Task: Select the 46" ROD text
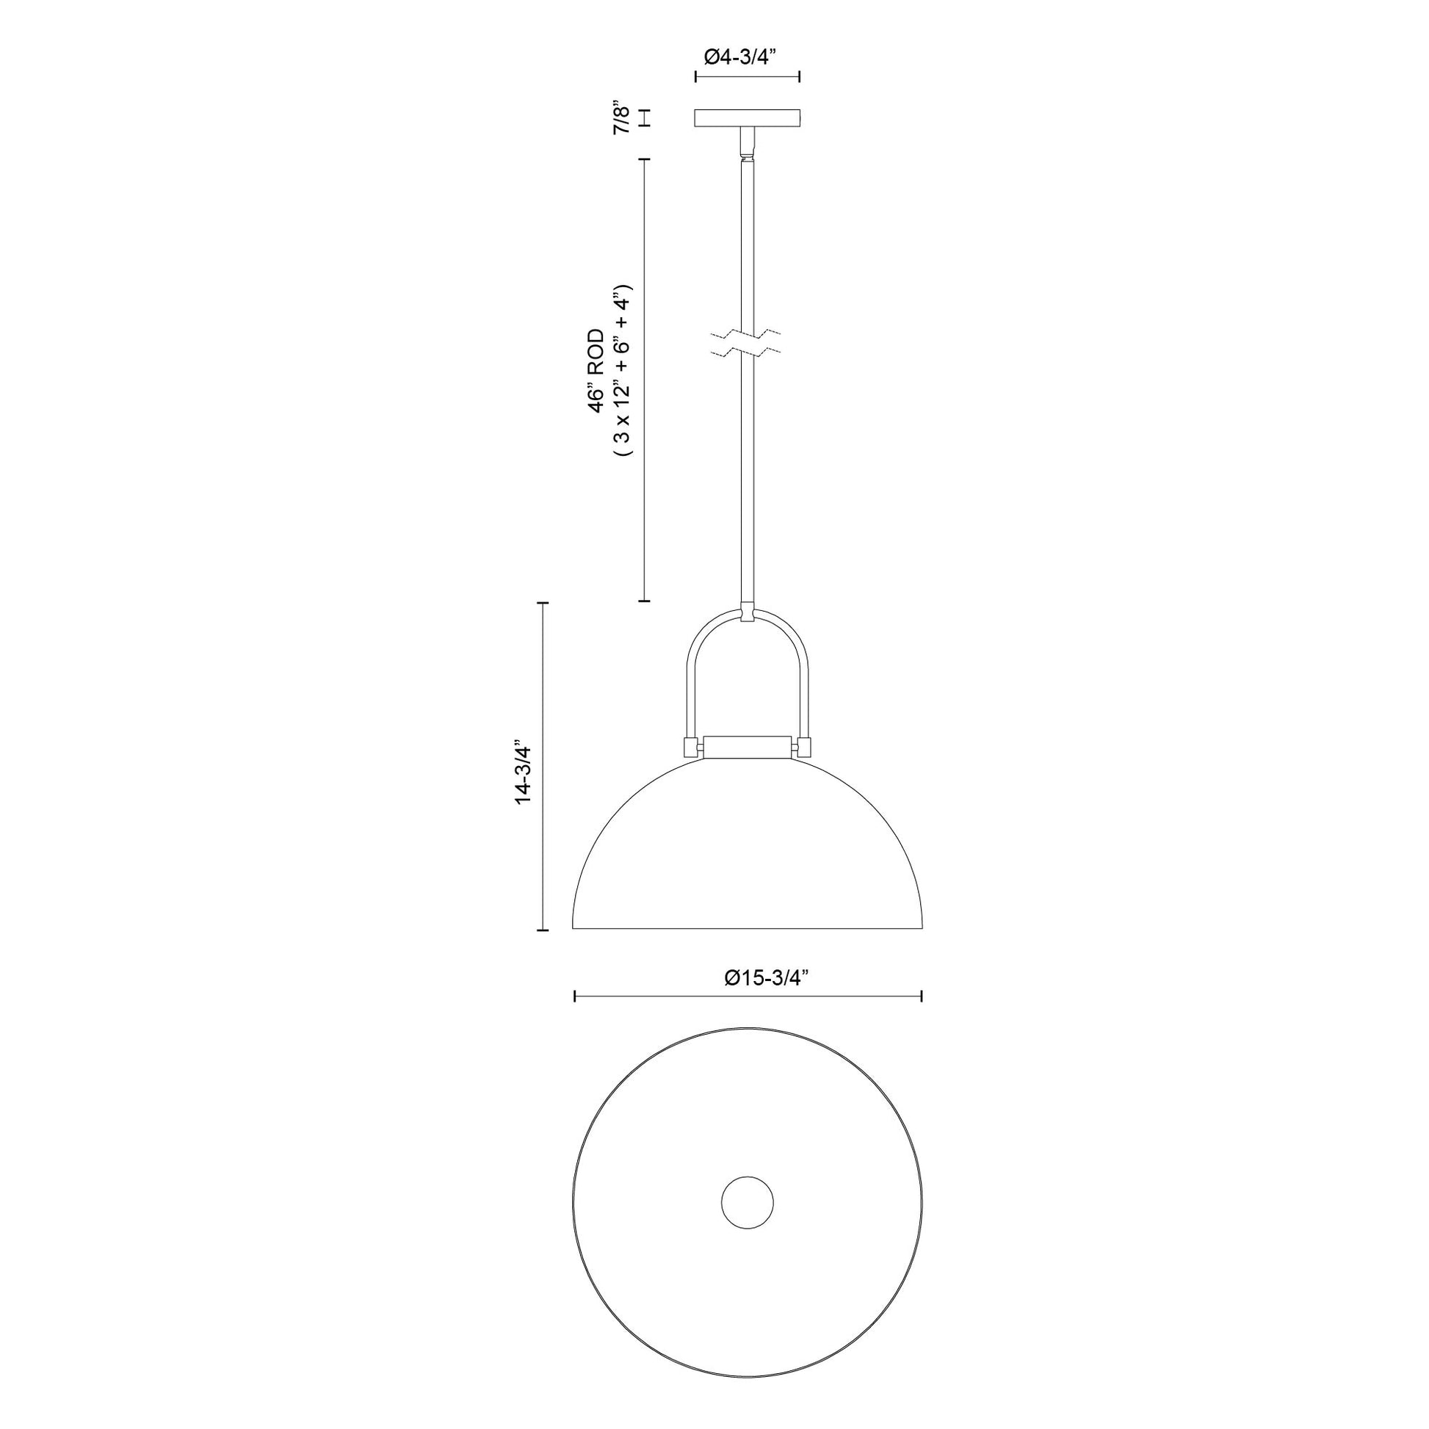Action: pos(596,370)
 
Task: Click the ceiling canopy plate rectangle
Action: pos(748,118)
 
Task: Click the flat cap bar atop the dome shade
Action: pos(747,746)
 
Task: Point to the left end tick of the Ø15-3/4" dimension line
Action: pos(576,997)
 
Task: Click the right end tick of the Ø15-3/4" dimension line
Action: pos(921,997)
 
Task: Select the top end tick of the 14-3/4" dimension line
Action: pos(545,604)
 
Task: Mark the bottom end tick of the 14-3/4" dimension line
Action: pos(545,929)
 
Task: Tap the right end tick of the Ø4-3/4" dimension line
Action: pos(800,76)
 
